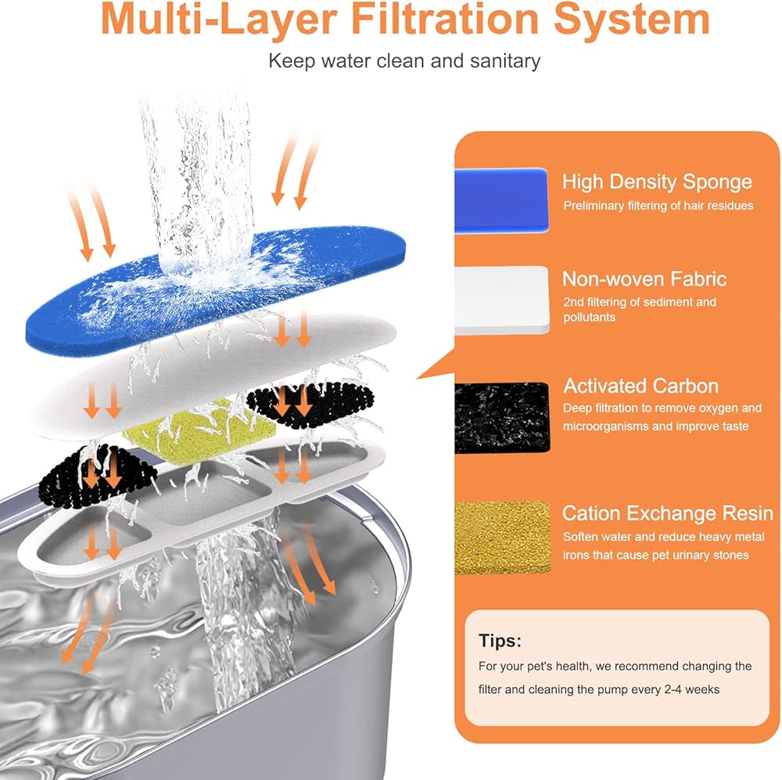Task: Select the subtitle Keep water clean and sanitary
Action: [404, 60]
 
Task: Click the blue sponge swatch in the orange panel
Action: [501, 200]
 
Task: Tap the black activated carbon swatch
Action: [501, 417]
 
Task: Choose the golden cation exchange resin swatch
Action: [501, 537]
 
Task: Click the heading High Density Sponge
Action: [657, 182]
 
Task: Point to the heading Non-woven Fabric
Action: [644, 279]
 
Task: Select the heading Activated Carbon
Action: [641, 386]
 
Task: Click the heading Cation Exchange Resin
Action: [668, 514]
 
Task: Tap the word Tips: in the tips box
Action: [500, 642]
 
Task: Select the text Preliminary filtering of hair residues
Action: [658, 206]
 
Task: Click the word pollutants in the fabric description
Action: [589, 318]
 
